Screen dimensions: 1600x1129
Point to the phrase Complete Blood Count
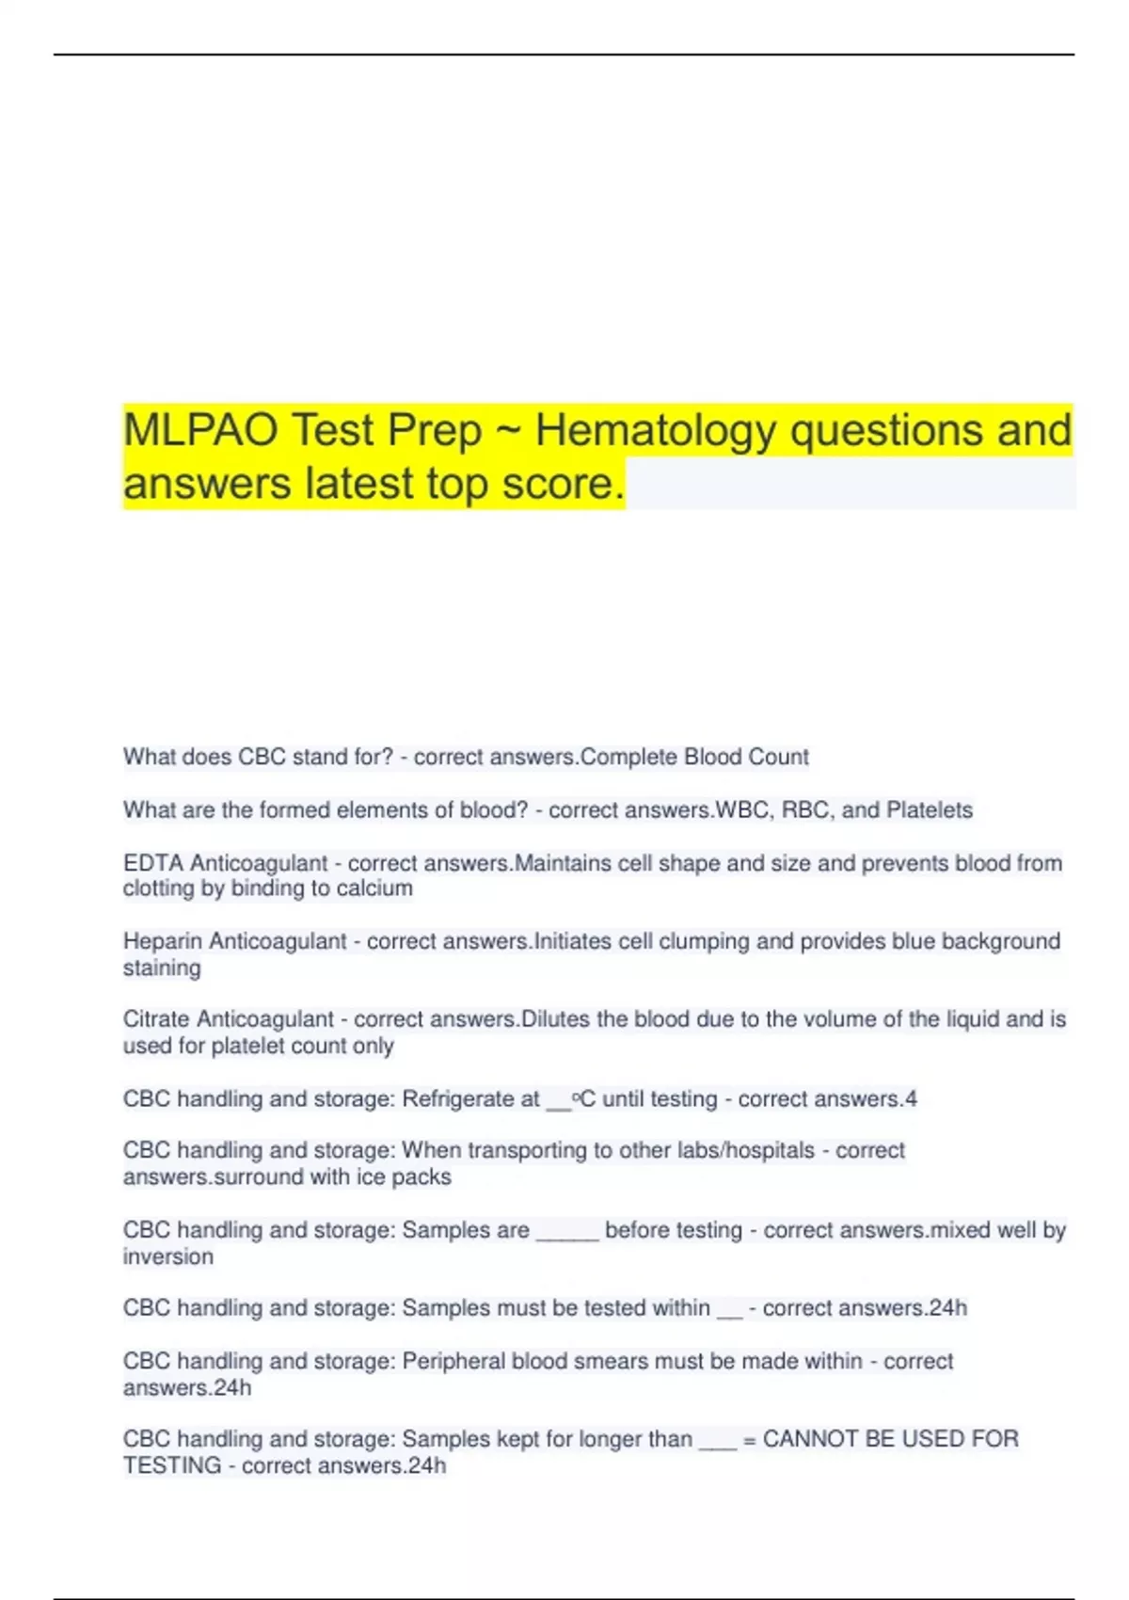click(694, 757)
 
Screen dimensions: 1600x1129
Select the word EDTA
click(153, 863)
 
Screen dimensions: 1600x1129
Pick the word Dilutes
click(555, 1019)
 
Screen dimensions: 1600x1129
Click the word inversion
click(167, 1256)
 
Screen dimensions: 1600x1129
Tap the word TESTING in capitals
click(171, 1465)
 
